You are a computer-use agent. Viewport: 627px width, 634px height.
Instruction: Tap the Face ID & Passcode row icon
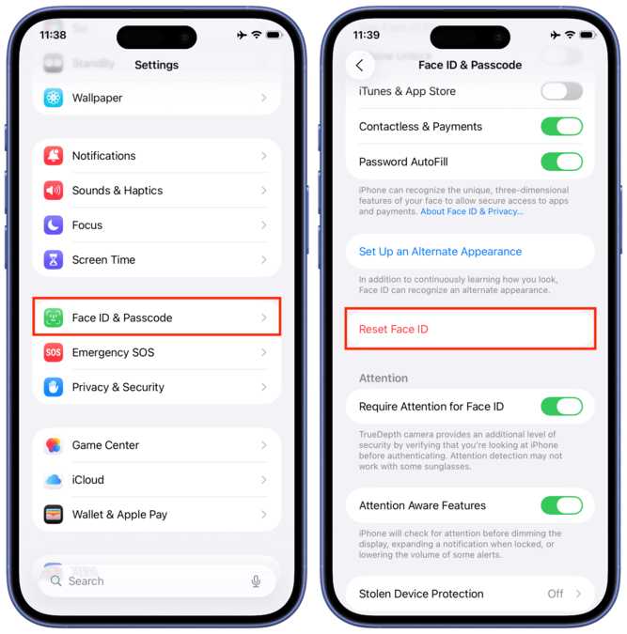54,317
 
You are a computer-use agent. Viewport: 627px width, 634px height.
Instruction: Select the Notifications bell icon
54,156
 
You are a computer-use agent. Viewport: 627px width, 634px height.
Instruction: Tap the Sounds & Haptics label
118,191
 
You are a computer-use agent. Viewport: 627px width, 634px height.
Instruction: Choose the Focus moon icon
54,225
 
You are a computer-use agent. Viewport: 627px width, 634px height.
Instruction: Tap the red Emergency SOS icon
54,352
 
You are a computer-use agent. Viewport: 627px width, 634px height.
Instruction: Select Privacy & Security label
118,387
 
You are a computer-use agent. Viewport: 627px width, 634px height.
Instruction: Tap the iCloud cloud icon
54,480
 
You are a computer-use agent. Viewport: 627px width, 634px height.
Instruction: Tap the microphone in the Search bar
256,581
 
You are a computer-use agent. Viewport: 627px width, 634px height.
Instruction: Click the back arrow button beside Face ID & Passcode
359,66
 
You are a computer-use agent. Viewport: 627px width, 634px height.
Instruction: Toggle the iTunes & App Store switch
561,91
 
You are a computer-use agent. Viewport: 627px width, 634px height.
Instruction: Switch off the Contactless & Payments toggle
561,127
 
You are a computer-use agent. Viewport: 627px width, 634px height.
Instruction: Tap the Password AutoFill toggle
561,162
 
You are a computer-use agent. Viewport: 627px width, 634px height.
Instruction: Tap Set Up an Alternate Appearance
440,252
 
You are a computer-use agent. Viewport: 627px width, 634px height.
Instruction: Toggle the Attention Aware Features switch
561,505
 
